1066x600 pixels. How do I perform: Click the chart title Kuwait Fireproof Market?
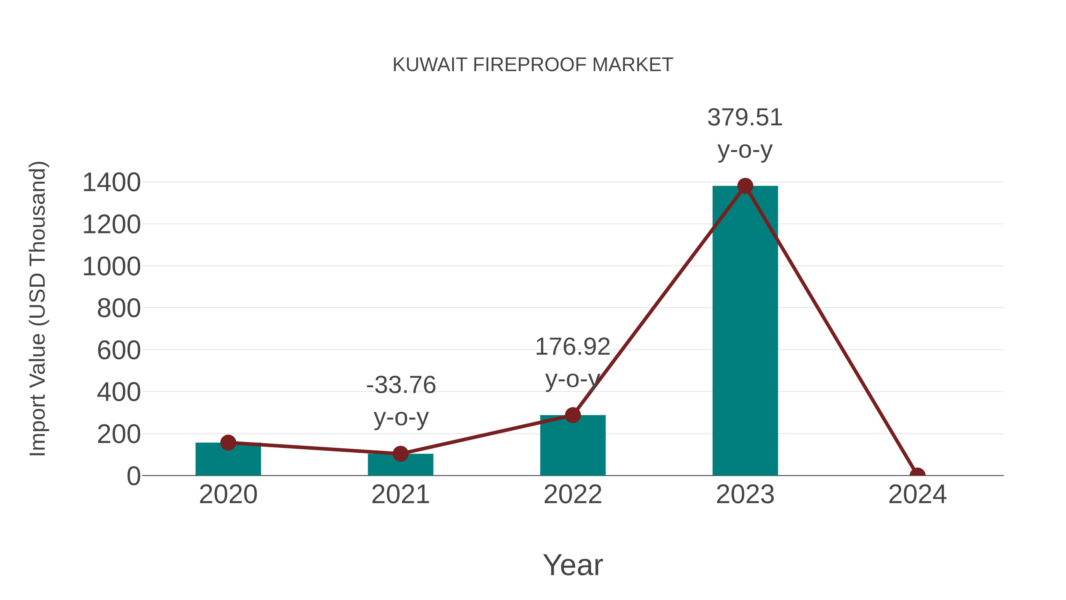tap(533, 65)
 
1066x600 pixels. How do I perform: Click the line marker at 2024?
tap(917, 475)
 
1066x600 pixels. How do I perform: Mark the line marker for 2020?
tap(228, 443)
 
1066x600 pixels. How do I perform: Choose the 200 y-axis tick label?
tap(119, 434)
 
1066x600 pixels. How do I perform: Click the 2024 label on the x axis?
tap(917, 495)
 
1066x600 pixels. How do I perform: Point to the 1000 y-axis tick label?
tap(111, 267)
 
